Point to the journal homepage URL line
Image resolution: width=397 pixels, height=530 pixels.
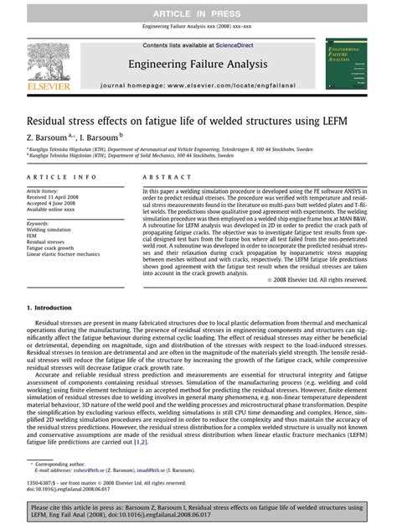pos(198,86)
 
